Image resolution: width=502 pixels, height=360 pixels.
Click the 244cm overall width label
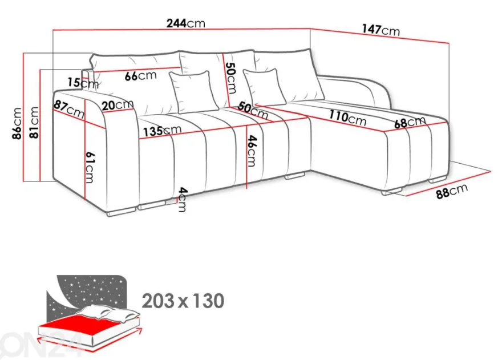coord(186,23)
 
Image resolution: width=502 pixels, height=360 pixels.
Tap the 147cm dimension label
coord(381,30)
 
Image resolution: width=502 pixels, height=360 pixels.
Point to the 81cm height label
coord(34,123)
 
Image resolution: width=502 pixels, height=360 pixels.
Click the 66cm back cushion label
coord(140,76)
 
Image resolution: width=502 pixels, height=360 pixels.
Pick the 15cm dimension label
coord(83,83)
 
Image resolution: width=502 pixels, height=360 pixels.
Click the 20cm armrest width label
coord(118,105)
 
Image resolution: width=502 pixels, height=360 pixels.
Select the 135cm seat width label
coord(162,131)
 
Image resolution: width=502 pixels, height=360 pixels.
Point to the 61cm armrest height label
coord(90,167)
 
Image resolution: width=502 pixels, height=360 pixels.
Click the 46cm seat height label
coord(252,151)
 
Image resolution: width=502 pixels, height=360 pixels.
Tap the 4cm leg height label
coord(181,200)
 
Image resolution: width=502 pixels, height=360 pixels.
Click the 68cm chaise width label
coord(410,122)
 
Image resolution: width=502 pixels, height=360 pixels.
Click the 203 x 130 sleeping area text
coord(183,301)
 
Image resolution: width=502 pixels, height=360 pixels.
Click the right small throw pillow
coord(265,87)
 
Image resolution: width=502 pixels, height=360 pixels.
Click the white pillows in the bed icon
coord(109,313)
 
